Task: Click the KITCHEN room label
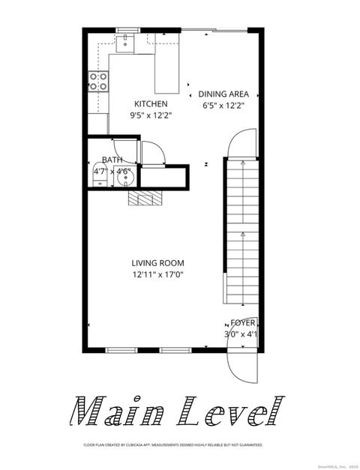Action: pos(151,103)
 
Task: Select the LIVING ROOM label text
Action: pos(157,263)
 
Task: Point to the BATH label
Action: pos(112,160)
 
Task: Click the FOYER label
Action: pos(242,323)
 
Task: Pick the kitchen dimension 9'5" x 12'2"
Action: pos(151,115)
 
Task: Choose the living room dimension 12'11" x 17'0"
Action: pos(157,275)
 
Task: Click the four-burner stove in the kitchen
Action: pos(97,82)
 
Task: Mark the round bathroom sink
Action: pos(122,173)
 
